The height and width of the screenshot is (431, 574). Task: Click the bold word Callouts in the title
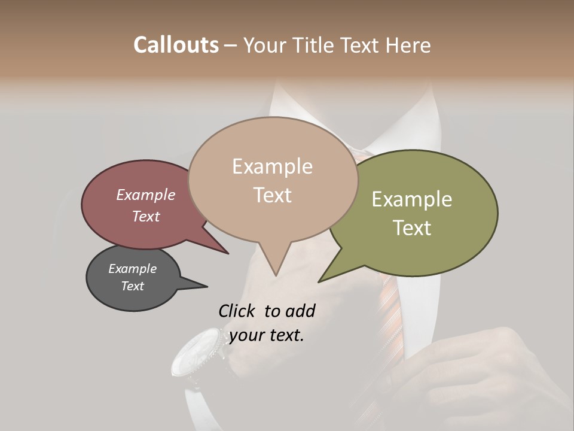(176, 45)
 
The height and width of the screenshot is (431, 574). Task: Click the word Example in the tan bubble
(272, 166)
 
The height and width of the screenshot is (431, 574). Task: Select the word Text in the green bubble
(411, 228)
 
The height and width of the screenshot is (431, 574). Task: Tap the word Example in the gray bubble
(132, 269)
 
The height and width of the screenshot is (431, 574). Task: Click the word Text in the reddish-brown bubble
(146, 217)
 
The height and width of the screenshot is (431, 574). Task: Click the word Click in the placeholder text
(236, 311)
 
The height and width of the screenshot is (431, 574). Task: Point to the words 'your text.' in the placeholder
(267, 335)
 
